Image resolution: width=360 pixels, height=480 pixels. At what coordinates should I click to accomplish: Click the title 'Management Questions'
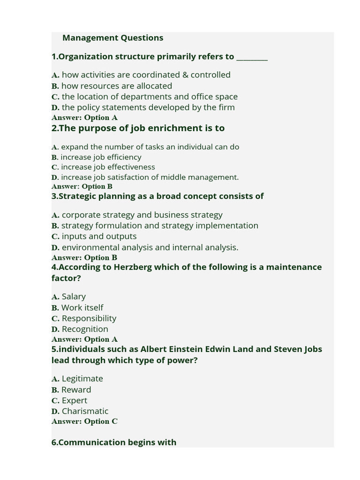coord(112,38)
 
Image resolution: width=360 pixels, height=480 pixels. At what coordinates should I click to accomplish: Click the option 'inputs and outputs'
coord(99,236)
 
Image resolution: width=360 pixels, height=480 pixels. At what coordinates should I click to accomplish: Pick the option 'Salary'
coord(74,297)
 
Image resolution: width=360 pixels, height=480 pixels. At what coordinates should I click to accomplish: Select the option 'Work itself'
coord(82,307)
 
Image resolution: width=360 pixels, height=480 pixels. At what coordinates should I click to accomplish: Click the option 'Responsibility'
coord(89,318)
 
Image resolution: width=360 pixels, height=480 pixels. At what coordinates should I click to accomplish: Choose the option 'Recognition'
coord(85,329)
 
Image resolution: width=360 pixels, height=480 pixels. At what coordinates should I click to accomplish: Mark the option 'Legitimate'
coord(82,379)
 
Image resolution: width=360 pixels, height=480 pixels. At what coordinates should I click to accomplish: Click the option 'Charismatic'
coord(85,411)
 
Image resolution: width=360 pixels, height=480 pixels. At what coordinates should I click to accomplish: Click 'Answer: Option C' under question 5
coord(84,421)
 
